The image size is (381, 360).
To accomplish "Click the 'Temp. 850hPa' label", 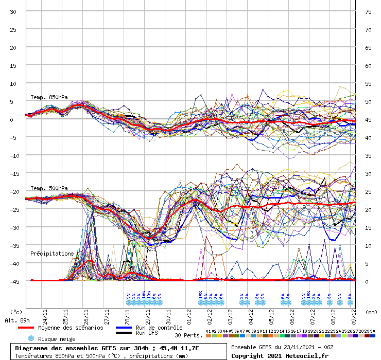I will click(x=49, y=97).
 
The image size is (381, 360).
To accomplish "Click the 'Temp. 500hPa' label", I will click(x=49, y=188).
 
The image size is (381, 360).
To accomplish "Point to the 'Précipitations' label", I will click(x=52, y=254).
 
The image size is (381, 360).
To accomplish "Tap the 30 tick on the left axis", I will click(x=13, y=12).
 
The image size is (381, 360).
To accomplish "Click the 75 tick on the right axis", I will click(x=368, y=12).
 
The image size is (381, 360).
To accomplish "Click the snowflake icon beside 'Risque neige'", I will click(x=31, y=338).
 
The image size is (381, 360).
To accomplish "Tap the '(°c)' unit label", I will click(x=16, y=312).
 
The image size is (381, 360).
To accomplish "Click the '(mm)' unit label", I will click(x=369, y=312).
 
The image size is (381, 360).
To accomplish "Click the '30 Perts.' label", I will click(x=186, y=335).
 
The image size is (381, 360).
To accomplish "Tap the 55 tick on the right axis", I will click(x=368, y=83).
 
